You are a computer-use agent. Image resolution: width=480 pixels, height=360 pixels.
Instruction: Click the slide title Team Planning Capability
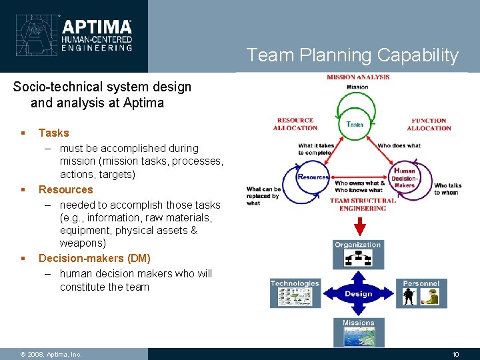tap(353, 55)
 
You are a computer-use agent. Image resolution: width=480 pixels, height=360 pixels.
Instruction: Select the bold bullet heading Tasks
tap(53, 133)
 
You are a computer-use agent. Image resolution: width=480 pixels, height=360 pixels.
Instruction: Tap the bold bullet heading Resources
tap(65, 189)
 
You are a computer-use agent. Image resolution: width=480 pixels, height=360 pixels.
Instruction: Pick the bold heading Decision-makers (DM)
tap(94, 258)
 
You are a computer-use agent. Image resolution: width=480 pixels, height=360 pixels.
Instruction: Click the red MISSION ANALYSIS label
tap(358, 77)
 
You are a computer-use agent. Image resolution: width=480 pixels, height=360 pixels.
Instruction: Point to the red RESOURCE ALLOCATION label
tap(295, 124)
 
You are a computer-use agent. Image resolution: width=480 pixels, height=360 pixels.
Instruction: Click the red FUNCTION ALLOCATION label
tap(429, 124)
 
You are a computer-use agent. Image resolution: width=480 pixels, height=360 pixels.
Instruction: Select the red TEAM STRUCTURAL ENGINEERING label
tap(362, 204)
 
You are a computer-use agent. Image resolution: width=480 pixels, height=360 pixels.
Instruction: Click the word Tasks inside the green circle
tap(355, 124)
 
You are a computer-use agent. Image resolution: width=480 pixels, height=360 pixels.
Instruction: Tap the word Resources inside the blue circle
tap(313, 177)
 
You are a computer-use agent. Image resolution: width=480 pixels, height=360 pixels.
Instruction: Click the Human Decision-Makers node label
tap(404, 177)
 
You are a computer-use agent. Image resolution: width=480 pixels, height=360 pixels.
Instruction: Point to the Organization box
tap(358, 254)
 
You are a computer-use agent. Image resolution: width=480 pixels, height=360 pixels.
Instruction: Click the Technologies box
tap(295, 293)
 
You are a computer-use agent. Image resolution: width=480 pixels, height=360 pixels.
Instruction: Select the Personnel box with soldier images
tap(421, 293)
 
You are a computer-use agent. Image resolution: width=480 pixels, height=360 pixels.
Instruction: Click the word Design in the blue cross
tap(358, 294)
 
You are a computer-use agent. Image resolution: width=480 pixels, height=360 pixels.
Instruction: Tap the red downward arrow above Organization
tap(358, 227)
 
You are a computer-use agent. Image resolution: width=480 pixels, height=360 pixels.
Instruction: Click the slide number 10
tap(455, 354)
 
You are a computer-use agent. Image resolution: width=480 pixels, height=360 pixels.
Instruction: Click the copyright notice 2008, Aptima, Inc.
tap(51, 354)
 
